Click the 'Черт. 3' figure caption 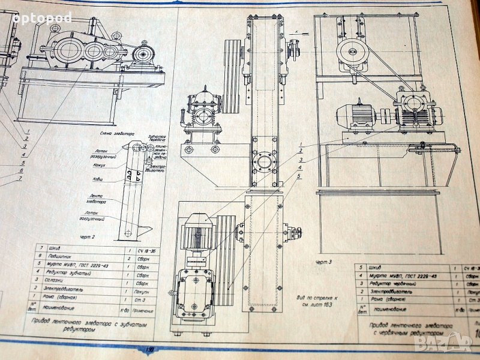(x=323, y=262)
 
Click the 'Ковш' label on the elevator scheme (x=97, y=179)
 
